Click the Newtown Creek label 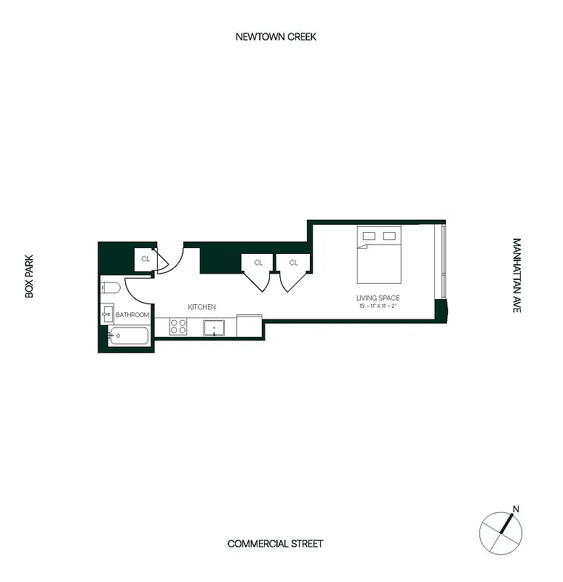tap(276, 36)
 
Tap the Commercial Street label tap(275, 543)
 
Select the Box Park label tap(30, 276)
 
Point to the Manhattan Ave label tap(516, 276)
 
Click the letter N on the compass tap(516, 509)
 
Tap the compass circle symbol tap(501, 532)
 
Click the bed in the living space tap(378, 255)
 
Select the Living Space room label tap(378, 298)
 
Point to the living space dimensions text tap(378, 306)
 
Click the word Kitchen tap(201, 307)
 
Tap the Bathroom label tap(132, 315)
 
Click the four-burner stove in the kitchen tap(179, 327)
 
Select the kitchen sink tap(214, 327)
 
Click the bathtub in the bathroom tap(129, 336)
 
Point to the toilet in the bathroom tap(109, 287)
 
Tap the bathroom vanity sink tap(108, 314)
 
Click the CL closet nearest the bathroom tap(145, 258)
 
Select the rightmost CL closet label tap(294, 263)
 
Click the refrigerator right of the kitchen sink tap(249, 326)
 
